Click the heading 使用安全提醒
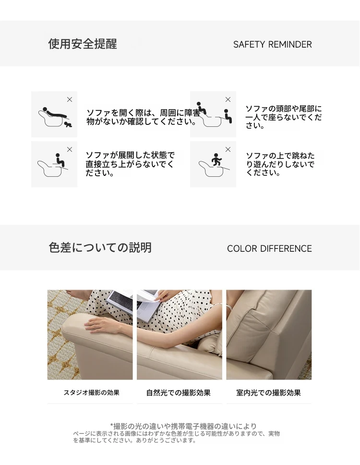pos(83,44)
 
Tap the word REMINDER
pos(290,45)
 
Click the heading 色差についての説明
pos(100,247)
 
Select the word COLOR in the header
pos(242,248)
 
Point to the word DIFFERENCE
pos(286,248)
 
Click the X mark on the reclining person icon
pos(70,99)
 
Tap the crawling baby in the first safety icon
pos(69,124)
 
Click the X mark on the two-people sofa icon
pos(228,99)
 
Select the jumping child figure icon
pos(216,160)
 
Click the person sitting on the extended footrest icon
pos(60,160)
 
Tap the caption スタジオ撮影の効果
pos(92,392)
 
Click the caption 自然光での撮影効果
pos(179,392)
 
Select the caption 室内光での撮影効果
pos(268,392)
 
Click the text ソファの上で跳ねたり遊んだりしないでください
pos(280,164)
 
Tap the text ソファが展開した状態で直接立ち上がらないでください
pos(130,164)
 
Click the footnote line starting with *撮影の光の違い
pos(183,426)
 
